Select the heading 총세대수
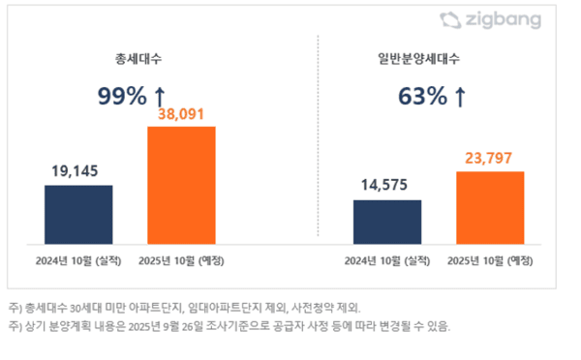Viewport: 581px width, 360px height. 131,59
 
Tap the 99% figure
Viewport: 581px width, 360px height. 120,96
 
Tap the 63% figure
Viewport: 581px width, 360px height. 421,96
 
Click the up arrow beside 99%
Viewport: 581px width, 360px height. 160,96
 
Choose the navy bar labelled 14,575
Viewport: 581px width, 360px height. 387,222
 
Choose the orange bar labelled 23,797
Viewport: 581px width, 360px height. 490,207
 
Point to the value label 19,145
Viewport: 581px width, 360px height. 78,172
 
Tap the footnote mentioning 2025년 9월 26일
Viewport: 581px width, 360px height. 229,325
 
